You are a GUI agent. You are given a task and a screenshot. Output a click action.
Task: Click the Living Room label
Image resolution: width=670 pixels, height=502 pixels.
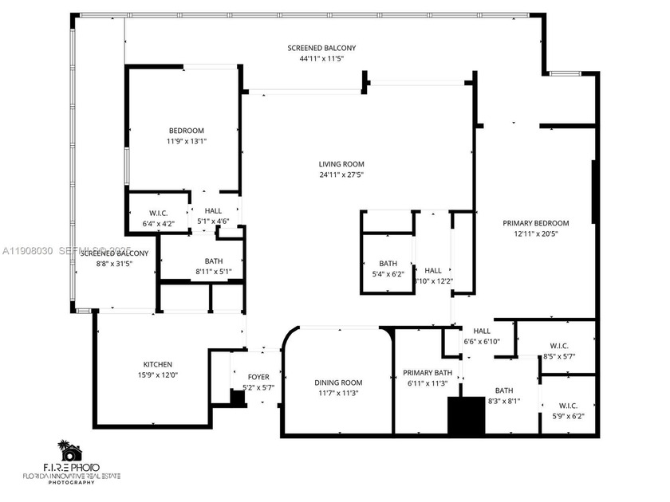(341, 163)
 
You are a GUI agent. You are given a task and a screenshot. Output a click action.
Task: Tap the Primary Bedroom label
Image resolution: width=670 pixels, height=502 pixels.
(535, 223)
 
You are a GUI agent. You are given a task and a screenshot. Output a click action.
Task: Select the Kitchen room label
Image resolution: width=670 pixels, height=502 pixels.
(157, 364)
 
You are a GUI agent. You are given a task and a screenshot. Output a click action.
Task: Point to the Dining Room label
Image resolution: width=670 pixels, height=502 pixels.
(338, 382)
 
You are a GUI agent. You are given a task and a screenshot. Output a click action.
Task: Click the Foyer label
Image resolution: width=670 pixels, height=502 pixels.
(258, 377)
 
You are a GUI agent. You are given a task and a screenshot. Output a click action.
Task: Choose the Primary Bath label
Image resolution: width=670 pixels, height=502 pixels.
(428, 373)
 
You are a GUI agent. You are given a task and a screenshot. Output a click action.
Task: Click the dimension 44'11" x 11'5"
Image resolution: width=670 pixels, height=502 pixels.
(321, 58)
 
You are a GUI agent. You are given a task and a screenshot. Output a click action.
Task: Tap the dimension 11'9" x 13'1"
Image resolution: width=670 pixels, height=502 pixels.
(186, 141)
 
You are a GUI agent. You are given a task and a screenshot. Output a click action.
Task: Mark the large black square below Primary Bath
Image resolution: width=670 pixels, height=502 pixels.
(466, 415)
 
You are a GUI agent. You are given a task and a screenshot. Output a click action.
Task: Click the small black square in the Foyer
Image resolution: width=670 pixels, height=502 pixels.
(236, 397)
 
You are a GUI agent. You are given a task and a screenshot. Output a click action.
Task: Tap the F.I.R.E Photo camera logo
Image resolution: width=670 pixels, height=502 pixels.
(70, 452)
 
